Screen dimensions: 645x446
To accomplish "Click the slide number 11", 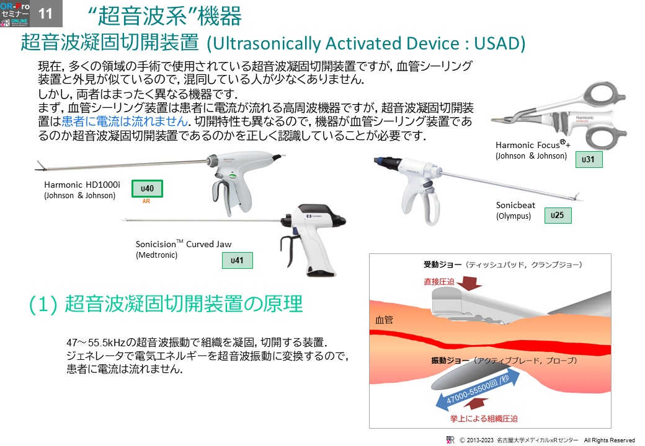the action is click(45, 14).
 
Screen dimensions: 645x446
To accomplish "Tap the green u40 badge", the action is click(147, 188).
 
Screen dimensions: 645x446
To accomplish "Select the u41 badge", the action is click(237, 260).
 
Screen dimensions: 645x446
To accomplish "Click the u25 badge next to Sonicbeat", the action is click(558, 215).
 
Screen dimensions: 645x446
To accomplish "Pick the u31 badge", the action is click(588, 159).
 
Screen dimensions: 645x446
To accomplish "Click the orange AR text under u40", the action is click(146, 201).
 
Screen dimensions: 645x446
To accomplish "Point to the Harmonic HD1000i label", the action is click(82, 185).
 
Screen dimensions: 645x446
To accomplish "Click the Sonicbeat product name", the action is click(515, 205).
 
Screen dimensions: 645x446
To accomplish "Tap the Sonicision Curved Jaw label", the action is click(184, 244).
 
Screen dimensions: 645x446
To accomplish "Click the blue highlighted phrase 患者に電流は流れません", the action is click(125, 121).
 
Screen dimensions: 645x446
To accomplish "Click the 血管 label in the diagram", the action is click(384, 320).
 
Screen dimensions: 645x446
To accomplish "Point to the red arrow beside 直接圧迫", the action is click(469, 283).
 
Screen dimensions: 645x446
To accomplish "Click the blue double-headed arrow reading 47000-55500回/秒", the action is click(478, 391).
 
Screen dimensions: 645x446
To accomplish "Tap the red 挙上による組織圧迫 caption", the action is click(484, 419).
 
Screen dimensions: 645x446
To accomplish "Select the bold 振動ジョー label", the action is click(450, 361).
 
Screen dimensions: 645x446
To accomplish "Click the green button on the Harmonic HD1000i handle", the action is click(233, 176).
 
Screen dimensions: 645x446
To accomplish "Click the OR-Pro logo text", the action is click(15, 6).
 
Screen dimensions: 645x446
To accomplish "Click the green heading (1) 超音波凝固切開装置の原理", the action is click(166, 304).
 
